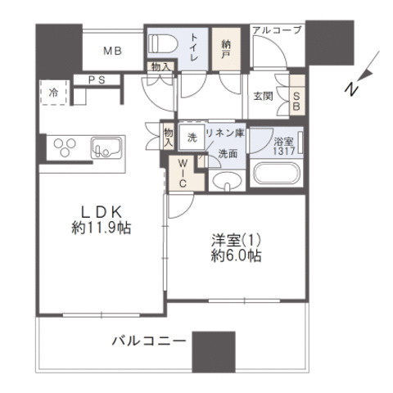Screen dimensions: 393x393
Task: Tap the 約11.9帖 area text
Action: tap(100, 228)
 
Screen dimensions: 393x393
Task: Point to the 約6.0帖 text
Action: tap(233, 256)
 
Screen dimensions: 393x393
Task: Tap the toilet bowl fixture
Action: tap(160, 43)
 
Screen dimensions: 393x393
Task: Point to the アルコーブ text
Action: tap(278, 30)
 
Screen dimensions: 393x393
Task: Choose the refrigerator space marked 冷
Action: tap(52, 93)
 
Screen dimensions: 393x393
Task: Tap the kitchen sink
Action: tap(106, 148)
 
